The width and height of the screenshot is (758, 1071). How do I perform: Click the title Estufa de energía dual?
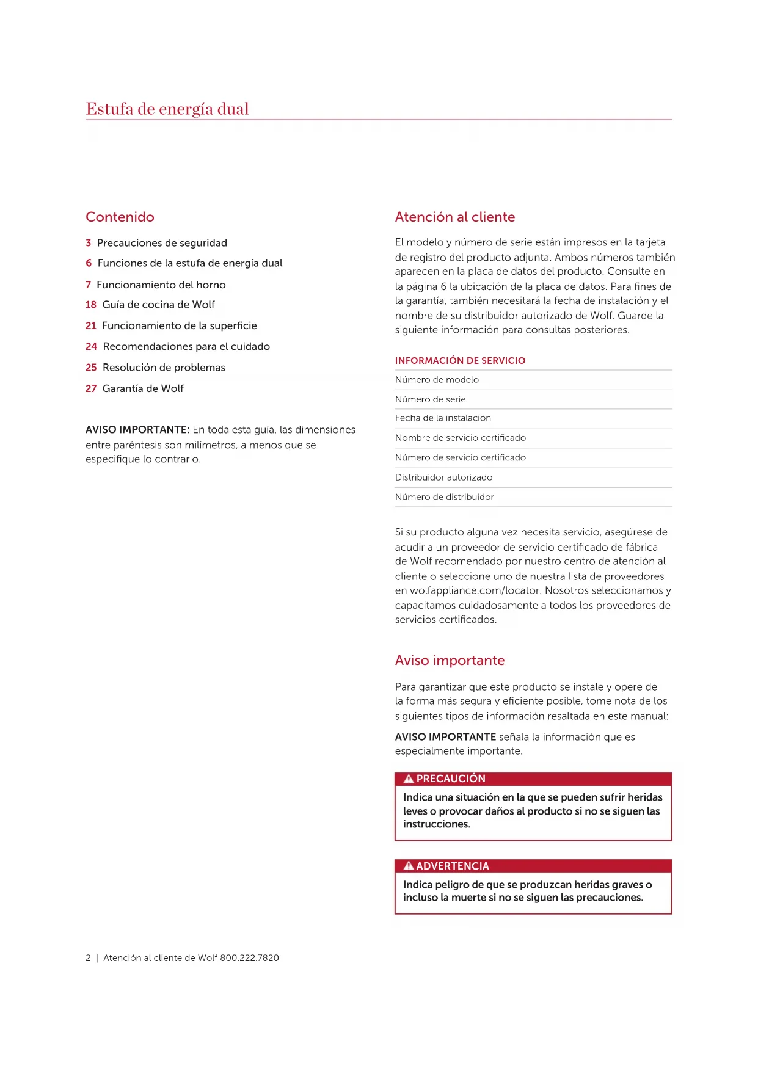coord(167,109)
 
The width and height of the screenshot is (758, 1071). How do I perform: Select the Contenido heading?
coord(120,217)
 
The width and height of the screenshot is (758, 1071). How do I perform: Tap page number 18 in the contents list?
coord(91,305)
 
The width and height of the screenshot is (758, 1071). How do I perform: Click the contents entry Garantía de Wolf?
coord(143,388)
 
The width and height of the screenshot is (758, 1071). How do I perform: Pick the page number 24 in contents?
coord(91,347)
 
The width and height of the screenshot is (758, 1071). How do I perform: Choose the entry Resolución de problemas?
coord(164,368)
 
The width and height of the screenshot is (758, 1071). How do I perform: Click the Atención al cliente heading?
coord(454,217)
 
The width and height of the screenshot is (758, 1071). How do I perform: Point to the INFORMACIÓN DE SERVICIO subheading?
coord(460,361)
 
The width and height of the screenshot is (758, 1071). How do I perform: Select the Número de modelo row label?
coord(437,380)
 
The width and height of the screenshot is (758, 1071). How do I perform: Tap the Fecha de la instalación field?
coord(443,418)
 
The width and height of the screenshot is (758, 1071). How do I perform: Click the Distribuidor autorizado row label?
coord(443,477)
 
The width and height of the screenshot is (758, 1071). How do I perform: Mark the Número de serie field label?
coord(430,399)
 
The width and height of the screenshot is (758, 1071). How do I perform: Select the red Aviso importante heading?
coord(450,661)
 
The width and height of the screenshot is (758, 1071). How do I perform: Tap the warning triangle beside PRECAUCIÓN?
coord(409,779)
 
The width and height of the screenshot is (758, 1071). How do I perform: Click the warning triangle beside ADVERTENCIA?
coord(409,866)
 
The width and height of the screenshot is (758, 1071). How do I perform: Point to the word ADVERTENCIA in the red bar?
coord(453,866)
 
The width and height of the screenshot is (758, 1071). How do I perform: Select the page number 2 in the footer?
coord(88,958)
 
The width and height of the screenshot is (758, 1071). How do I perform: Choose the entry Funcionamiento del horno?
coord(161,285)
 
